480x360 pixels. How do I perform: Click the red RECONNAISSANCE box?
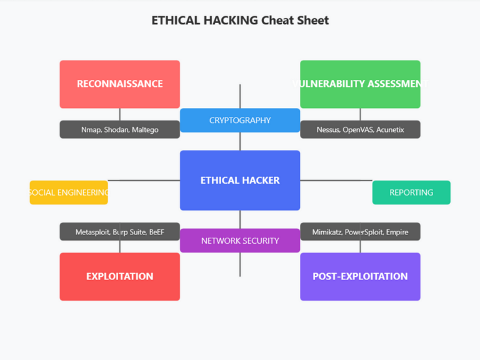tap(119, 84)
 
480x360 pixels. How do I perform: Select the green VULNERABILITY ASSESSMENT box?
tap(360, 84)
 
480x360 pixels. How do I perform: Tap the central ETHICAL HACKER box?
tap(240, 180)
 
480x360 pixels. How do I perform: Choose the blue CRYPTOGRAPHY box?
tap(240, 120)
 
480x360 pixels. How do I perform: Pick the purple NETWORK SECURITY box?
tap(240, 241)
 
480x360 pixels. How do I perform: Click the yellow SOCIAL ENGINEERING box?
tap(69, 192)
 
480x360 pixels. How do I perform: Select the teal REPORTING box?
tap(411, 192)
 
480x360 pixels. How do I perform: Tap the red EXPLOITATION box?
tap(119, 276)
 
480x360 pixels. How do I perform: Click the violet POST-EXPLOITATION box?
tap(360, 276)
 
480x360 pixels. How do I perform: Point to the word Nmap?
tap(91, 129)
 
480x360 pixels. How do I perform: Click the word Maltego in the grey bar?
tap(145, 129)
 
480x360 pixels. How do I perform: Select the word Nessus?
tap(328, 129)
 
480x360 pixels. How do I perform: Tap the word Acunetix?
tap(390, 129)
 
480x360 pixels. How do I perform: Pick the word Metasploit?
tap(92, 232)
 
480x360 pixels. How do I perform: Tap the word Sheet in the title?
tap(313, 20)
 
